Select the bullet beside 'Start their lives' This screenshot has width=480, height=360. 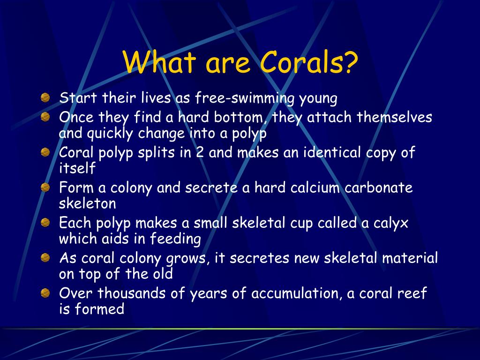pyautogui.click(x=45, y=97)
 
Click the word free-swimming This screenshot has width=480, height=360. pyautogui.click(x=244, y=99)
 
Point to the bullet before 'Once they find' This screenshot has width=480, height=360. pyautogui.click(x=45, y=117)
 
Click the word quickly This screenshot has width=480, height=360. pyautogui.click(x=110, y=134)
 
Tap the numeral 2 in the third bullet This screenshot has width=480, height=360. pyautogui.click(x=200, y=152)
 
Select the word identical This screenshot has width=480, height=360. pyautogui.click(x=332, y=152)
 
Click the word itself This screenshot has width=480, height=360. pyautogui.click(x=77, y=168)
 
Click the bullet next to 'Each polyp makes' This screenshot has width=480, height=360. pyautogui.click(x=45, y=223)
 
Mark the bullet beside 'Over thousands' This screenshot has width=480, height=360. pyautogui.click(x=45, y=293)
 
